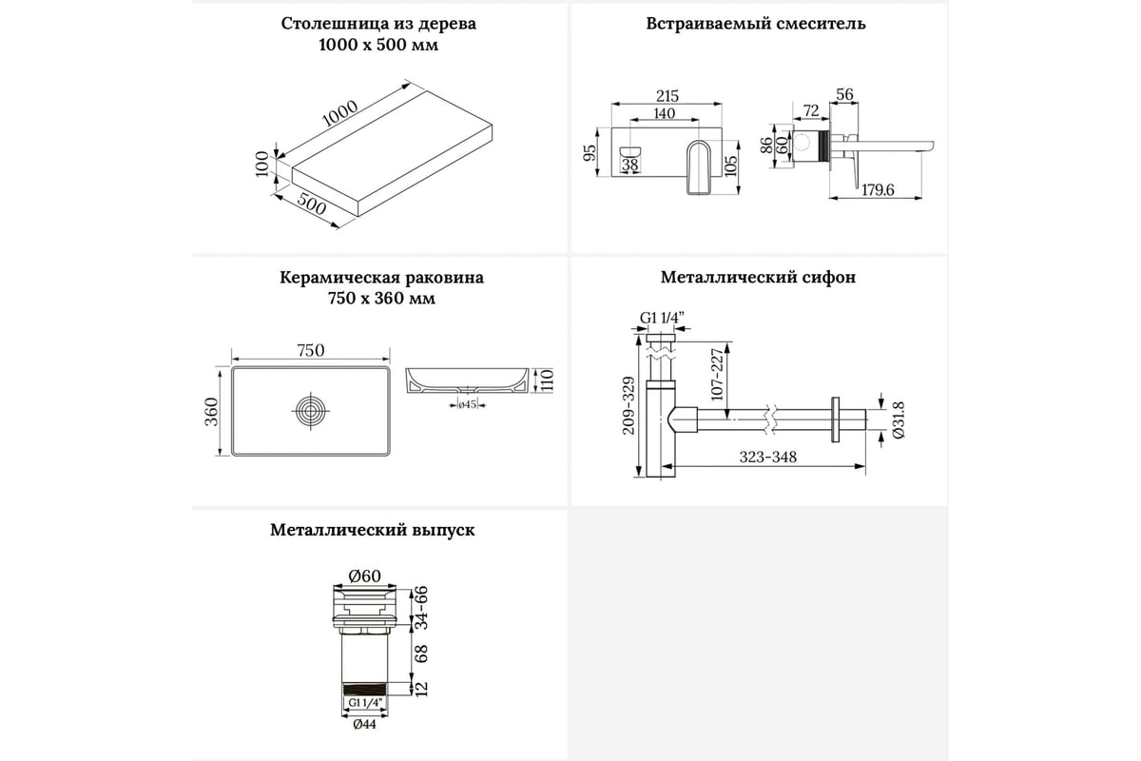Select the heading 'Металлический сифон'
tap(758, 278)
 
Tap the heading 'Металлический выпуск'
tap(372, 530)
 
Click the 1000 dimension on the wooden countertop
tap(339, 113)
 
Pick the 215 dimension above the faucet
tap(667, 96)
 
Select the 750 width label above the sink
tap(311, 350)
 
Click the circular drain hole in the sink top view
tap(311, 412)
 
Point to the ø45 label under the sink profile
tap(467, 405)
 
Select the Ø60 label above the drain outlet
tap(365, 576)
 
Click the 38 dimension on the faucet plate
tap(629, 165)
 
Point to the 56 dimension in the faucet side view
tap(843, 93)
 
